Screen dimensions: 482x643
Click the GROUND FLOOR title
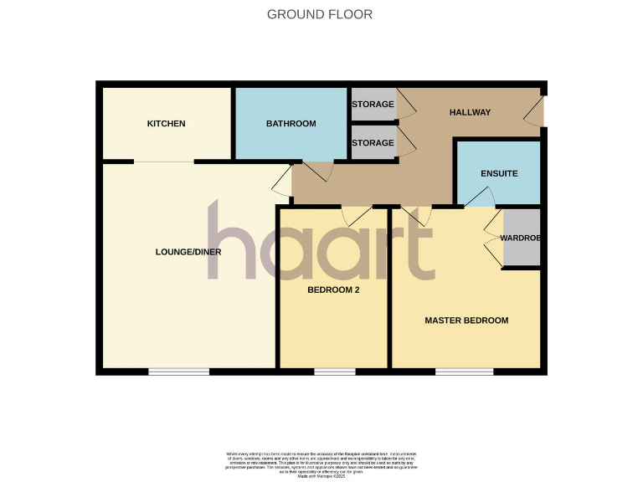coord(320,14)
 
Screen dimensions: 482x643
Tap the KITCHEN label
coord(166,124)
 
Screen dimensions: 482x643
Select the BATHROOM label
coord(291,124)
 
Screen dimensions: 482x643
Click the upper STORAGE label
coord(373,105)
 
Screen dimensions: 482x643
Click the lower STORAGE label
coord(373,143)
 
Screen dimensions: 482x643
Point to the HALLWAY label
coord(470,112)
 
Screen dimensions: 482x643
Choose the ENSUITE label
coord(499,173)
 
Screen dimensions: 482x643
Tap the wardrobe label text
coord(521,238)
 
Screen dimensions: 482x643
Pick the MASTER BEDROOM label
coord(466,320)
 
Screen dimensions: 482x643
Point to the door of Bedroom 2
coord(358,214)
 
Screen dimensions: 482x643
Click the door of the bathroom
coord(317,171)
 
